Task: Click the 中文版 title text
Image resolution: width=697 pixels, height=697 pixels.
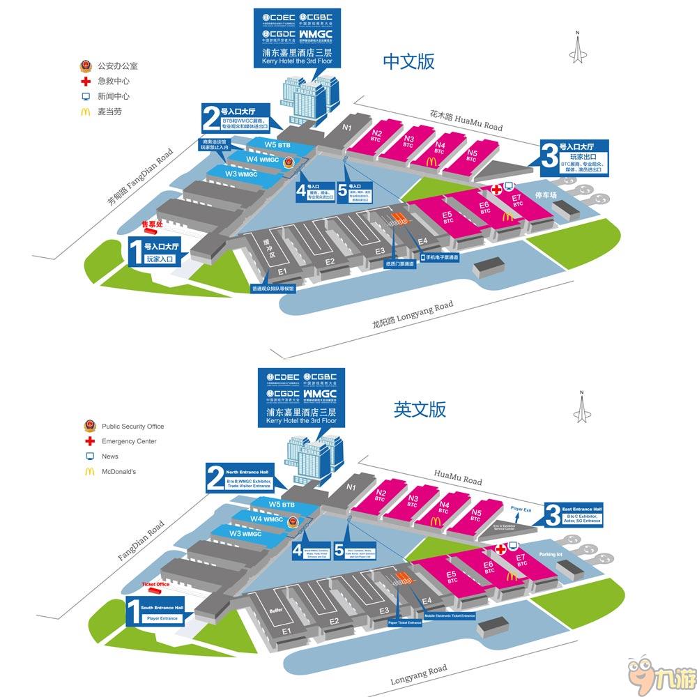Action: click(x=409, y=61)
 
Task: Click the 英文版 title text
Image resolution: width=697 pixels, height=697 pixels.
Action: click(x=420, y=409)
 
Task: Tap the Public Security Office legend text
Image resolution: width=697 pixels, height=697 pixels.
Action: click(x=132, y=427)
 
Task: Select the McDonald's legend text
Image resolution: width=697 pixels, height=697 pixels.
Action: click(x=118, y=472)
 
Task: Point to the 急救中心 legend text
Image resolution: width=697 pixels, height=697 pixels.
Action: click(x=113, y=81)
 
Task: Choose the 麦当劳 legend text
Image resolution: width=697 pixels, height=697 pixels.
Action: click(x=109, y=112)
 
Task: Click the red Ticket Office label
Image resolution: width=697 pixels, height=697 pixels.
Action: click(x=155, y=584)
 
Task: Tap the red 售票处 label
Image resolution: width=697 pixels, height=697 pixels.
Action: click(x=152, y=224)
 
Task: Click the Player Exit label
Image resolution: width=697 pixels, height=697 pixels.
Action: click(x=521, y=510)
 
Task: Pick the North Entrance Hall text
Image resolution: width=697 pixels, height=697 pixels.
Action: click(x=242, y=472)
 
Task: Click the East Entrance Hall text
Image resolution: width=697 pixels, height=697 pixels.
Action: click(x=581, y=510)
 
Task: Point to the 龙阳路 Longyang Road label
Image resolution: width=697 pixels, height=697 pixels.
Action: click(x=413, y=312)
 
